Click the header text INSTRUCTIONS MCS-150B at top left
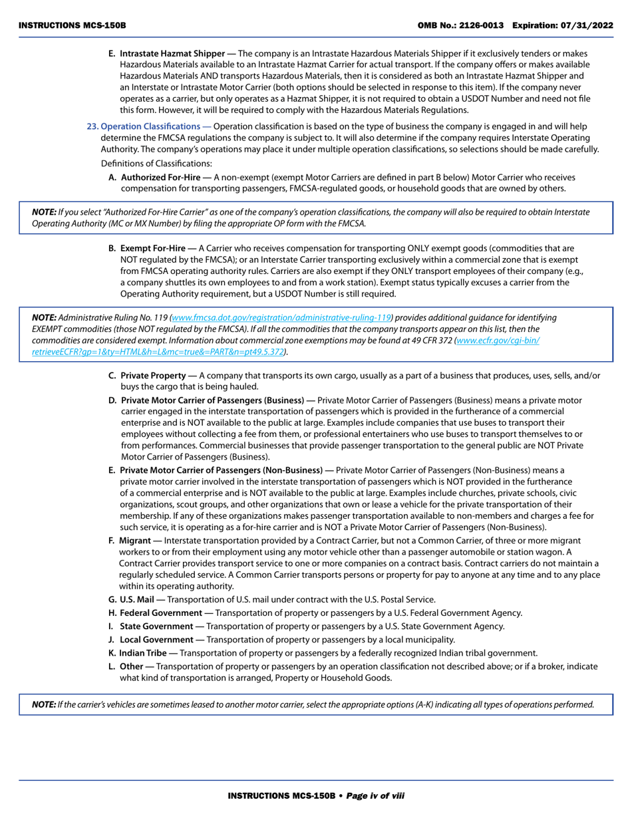tap(72, 25)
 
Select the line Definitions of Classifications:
tap(156, 164)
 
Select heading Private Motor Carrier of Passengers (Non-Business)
tap(221, 470)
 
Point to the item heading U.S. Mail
tap(138, 599)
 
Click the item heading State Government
tap(156, 626)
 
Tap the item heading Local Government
tap(156, 640)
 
